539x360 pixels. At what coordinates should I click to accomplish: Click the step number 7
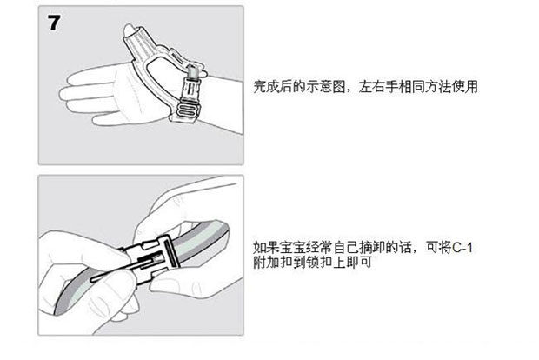(x=54, y=23)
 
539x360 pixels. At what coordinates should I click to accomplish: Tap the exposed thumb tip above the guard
(x=129, y=30)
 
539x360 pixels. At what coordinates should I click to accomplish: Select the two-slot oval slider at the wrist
(x=188, y=110)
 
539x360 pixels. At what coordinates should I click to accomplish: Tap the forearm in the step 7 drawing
(x=223, y=103)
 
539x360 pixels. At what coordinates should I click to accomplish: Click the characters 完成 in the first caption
(x=266, y=87)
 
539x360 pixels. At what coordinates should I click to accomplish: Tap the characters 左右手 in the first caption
(x=378, y=87)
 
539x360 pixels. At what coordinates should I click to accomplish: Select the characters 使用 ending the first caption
(x=465, y=87)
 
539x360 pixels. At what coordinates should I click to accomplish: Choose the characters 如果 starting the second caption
(x=266, y=248)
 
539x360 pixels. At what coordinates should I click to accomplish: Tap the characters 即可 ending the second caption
(x=360, y=263)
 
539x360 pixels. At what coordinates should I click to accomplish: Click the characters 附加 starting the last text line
(x=266, y=263)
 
